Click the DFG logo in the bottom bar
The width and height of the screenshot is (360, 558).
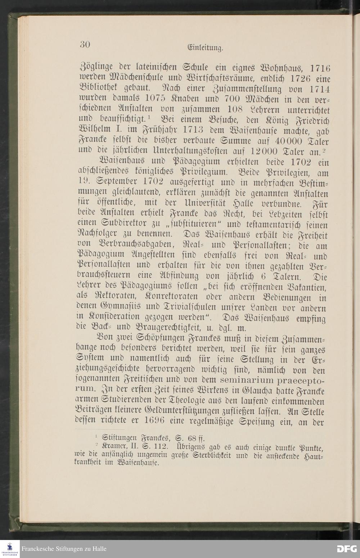coord(347,549)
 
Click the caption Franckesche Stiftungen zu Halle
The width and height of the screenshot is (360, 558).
coord(64,549)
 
